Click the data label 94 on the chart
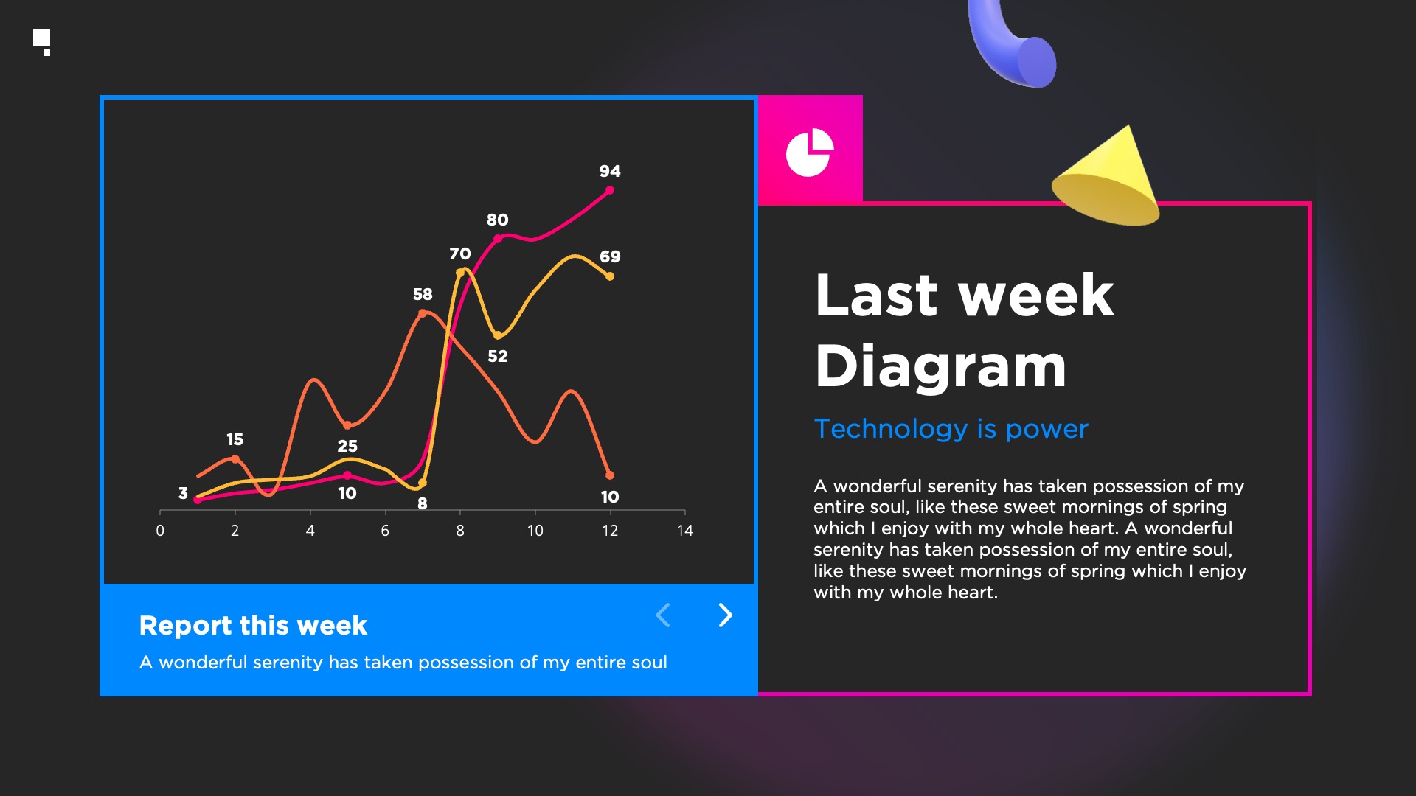click(x=609, y=171)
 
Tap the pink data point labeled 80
click(x=498, y=239)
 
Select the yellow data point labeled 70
click(x=460, y=273)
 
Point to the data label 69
click(x=610, y=256)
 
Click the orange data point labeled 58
click(x=423, y=313)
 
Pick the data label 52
click(x=498, y=356)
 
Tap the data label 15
click(x=235, y=439)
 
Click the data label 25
click(x=347, y=446)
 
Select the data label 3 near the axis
click(x=183, y=493)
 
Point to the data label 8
click(x=423, y=503)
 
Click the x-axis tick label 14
click(x=685, y=531)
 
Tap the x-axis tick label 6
click(x=385, y=531)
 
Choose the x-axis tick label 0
click(x=160, y=531)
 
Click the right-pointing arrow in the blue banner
click(x=726, y=615)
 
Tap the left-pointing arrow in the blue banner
click(x=663, y=615)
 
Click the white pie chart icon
click(x=809, y=153)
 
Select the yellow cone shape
click(x=1106, y=181)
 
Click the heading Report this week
click(x=253, y=625)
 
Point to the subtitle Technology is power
click(x=951, y=428)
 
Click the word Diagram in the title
click(x=941, y=366)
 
